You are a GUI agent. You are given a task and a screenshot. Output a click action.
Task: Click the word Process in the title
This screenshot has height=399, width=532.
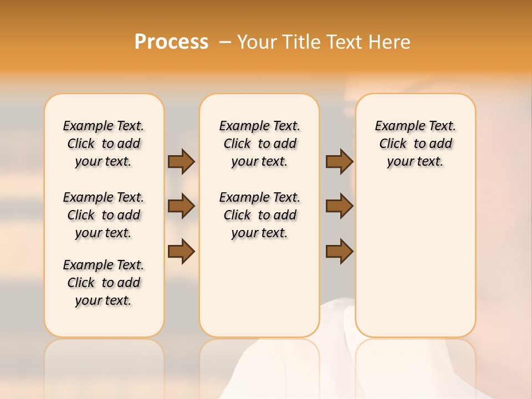coord(171,42)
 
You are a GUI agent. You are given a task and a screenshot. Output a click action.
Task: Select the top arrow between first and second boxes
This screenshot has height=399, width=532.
coord(181,161)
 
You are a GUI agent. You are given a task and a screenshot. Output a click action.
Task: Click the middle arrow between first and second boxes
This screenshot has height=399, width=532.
coord(181,206)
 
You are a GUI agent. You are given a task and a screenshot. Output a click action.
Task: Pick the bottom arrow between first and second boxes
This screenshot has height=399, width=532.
coord(181,252)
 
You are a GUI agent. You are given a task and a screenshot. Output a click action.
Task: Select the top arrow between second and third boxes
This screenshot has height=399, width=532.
coord(339,161)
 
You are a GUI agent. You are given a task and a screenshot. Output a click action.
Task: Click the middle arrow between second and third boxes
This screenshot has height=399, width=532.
coord(339,206)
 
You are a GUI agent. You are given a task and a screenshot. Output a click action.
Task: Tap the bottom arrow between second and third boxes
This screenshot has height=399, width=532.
coord(339,252)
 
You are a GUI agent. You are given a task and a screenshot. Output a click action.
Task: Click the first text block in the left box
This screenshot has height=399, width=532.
coord(104,144)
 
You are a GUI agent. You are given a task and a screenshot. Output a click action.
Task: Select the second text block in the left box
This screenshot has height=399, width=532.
coord(104,215)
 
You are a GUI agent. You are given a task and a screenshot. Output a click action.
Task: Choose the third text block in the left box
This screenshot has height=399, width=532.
coord(104,283)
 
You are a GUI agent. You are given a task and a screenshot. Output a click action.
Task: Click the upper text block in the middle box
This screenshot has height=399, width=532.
coord(259,144)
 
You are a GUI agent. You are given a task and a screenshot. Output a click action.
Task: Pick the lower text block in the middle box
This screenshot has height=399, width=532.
coord(259,215)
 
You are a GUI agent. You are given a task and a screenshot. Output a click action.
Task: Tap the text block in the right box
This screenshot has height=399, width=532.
coord(415,144)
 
